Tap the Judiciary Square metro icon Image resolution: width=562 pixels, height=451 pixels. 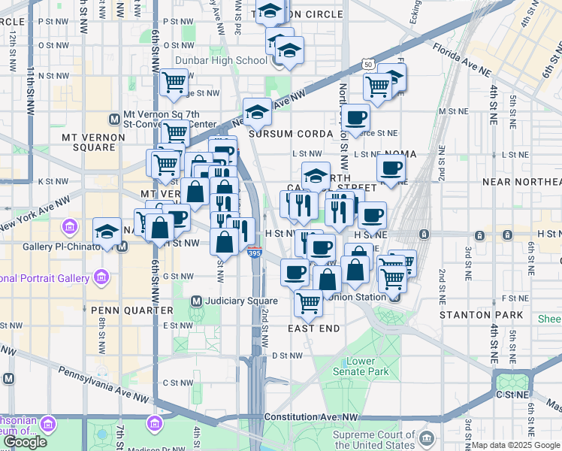tap(196, 301)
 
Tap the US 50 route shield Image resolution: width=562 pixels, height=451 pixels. tap(367, 65)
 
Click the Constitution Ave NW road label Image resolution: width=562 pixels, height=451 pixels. tap(310, 416)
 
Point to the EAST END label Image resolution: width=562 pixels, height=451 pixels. tap(314, 328)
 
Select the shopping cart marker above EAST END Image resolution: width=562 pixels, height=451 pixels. tap(309, 303)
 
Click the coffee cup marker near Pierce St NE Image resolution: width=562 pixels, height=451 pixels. tap(355, 117)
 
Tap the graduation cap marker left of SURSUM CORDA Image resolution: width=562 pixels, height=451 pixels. tap(257, 111)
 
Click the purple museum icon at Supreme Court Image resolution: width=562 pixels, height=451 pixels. tap(427, 437)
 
